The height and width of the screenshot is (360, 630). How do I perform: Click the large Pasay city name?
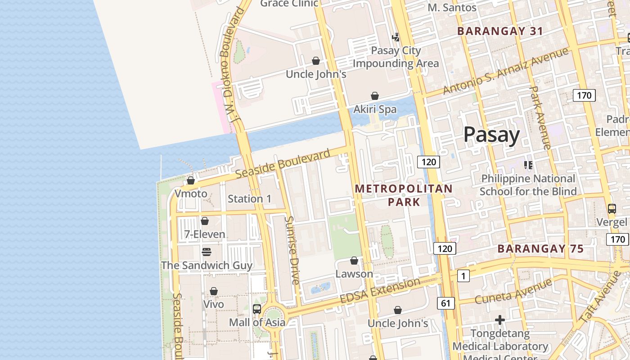[x=491, y=135]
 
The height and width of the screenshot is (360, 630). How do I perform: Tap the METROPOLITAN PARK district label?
[x=404, y=195]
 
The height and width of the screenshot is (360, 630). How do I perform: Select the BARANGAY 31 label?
[x=500, y=31]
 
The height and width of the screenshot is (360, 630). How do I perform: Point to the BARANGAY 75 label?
[x=540, y=249]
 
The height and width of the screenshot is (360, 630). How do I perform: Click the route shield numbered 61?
[x=445, y=303]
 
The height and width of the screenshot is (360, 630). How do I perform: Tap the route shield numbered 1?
[x=463, y=276]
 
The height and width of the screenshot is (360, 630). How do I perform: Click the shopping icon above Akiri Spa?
[x=375, y=96]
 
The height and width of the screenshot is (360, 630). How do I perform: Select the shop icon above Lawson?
[x=354, y=261]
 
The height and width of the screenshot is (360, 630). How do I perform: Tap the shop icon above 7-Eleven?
[x=205, y=221]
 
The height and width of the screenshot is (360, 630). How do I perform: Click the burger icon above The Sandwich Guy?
[x=207, y=252]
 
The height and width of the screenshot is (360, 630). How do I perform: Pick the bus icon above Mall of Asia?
[x=257, y=309]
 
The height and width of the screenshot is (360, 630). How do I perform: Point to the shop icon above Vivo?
[x=214, y=291]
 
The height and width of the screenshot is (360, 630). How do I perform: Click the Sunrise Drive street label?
[x=292, y=250]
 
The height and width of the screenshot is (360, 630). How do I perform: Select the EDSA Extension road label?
[x=380, y=291]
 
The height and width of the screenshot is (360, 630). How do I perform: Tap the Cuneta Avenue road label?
[x=513, y=291]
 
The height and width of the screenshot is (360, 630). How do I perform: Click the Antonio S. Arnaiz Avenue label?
[x=505, y=71]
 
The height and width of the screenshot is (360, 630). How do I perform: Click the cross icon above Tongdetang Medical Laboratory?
[x=500, y=320]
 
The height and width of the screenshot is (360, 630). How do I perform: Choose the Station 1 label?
[x=249, y=198]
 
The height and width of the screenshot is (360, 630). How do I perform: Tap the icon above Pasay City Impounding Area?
[x=396, y=37]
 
